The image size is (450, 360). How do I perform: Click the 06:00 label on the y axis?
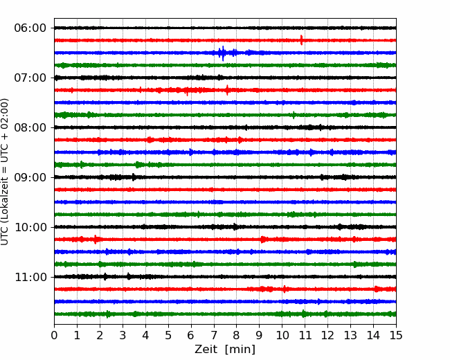(30, 28)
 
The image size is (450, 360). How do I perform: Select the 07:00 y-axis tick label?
(30, 78)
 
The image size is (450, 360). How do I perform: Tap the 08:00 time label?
(30, 128)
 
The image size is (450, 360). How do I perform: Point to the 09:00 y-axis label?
(30, 177)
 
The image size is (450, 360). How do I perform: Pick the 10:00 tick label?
(30, 227)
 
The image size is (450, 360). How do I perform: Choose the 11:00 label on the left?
(30, 278)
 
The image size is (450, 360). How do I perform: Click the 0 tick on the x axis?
(54, 335)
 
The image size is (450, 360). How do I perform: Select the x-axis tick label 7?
(214, 335)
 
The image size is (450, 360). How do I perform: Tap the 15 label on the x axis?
(396, 335)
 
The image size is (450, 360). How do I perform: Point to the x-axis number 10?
(282, 335)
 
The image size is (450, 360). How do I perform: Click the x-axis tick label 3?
(123, 335)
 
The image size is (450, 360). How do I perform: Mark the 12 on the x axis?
(327, 335)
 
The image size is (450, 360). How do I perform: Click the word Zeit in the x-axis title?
(207, 349)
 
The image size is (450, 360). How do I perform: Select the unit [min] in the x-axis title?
(240, 350)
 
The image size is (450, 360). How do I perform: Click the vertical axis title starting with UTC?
(4, 172)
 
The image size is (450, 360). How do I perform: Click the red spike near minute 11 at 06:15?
(301, 40)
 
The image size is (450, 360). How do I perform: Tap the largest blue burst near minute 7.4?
(223, 53)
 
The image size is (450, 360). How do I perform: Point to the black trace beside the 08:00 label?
(225, 127)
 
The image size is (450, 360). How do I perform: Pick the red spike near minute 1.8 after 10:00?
(96, 239)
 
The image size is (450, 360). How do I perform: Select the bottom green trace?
(225, 314)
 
